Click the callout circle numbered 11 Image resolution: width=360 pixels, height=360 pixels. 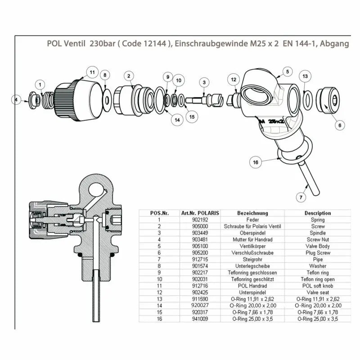92,72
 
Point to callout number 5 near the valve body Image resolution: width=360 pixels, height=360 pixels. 288,71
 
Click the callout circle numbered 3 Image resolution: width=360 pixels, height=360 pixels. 204,82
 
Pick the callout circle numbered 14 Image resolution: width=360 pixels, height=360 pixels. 177,120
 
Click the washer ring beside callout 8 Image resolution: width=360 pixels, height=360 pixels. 108,97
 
